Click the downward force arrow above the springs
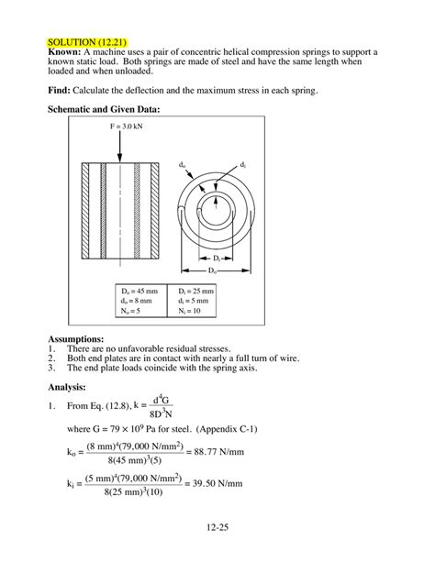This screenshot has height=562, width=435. pos(128,140)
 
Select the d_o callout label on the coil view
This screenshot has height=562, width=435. pos(184,164)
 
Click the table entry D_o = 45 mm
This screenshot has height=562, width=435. pos(130,291)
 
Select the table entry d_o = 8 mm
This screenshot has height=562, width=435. pos(128,301)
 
